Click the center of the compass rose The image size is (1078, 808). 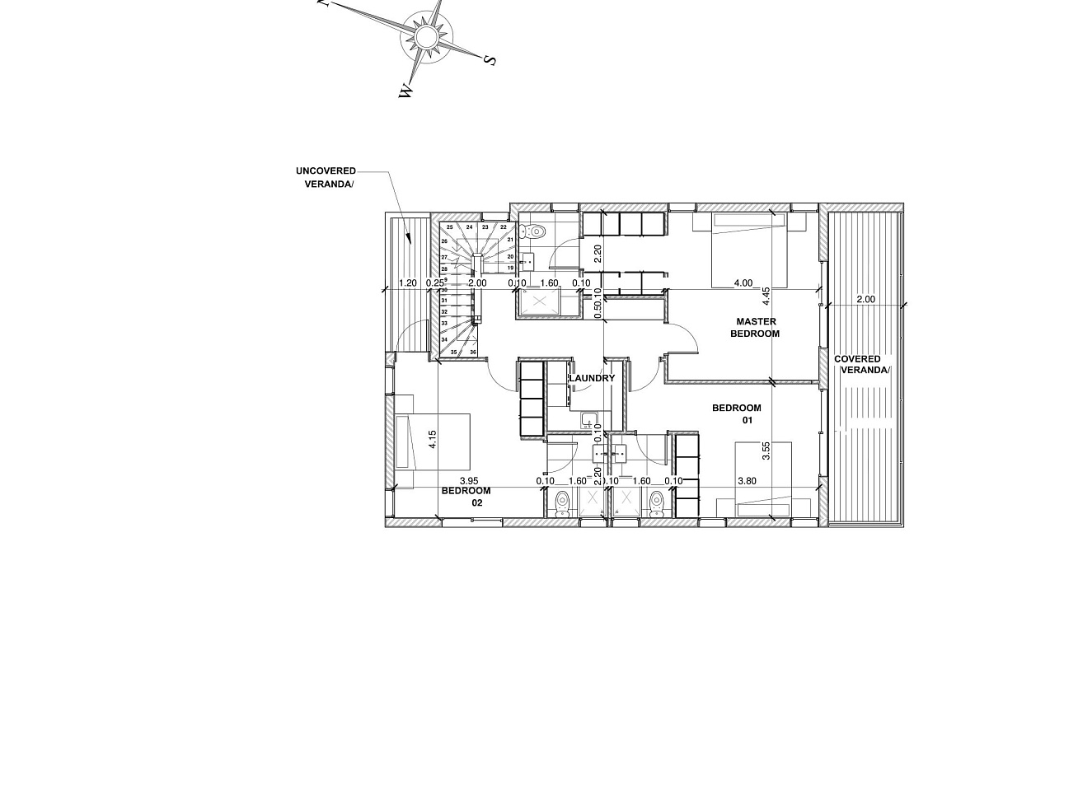click(x=426, y=38)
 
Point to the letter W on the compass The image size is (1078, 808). click(x=405, y=91)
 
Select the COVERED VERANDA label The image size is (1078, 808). click(x=861, y=365)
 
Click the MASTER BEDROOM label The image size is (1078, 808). click(x=756, y=328)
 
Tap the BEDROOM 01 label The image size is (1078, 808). click(x=738, y=413)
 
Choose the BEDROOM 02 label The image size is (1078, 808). click(x=466, y=497)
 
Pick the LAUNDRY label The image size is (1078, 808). click(x=592, y=378)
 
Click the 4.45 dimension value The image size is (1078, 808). click(x=766, y=297)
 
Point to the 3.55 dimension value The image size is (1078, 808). click(x=766, y=451)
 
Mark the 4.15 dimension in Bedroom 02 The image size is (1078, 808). click(x=433, y=439)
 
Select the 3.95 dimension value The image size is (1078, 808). click(x=468, y=481)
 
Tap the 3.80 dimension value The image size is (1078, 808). click(x=747, y=481)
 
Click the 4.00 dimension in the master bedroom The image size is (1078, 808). click(x=743, y=283)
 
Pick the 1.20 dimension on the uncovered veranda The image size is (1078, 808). click(x=407, y=283)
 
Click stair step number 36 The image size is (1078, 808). click(x=473, y=352)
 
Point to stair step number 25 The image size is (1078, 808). click(x=450, y=227)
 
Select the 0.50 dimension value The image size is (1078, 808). click(x=598, y=309)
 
